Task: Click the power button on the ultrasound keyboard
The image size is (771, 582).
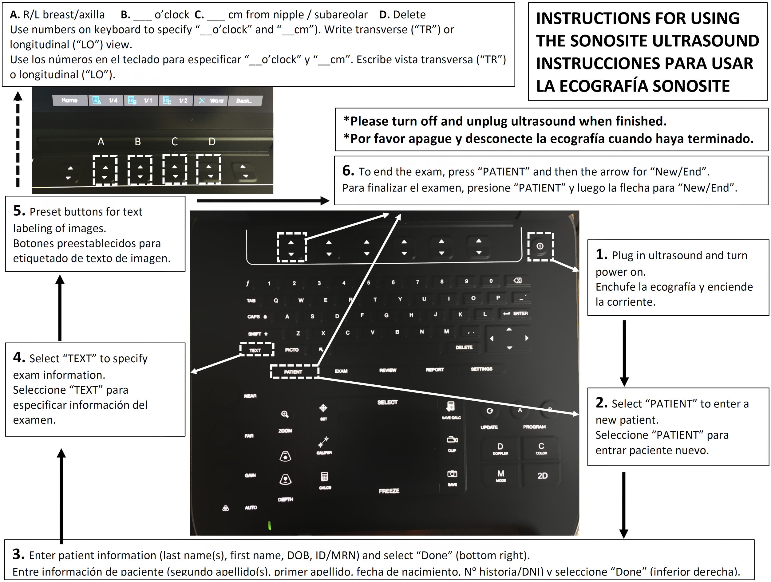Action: [540, 246]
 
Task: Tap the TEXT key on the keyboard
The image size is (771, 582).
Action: [255, 350]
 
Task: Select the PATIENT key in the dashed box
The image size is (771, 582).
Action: [294, 372]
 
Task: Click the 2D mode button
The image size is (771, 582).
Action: [542, 475]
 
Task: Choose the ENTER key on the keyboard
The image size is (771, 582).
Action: [516, 313]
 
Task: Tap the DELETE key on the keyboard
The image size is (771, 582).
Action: [464, 347]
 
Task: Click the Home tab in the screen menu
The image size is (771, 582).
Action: [69, 100]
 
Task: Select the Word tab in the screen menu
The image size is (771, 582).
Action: [211, 101]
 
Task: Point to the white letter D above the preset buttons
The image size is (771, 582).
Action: [212, 141]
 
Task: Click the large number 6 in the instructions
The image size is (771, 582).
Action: [348, 171]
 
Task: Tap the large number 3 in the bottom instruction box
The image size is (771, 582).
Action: [18, 554]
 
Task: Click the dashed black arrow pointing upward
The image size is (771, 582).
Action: [18, 140]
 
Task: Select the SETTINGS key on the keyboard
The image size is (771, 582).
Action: [481, 369]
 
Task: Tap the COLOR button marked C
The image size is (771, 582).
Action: [541, 448]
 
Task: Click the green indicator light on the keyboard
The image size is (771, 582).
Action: [269, 525]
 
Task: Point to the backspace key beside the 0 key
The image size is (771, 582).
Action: [518, 280]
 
